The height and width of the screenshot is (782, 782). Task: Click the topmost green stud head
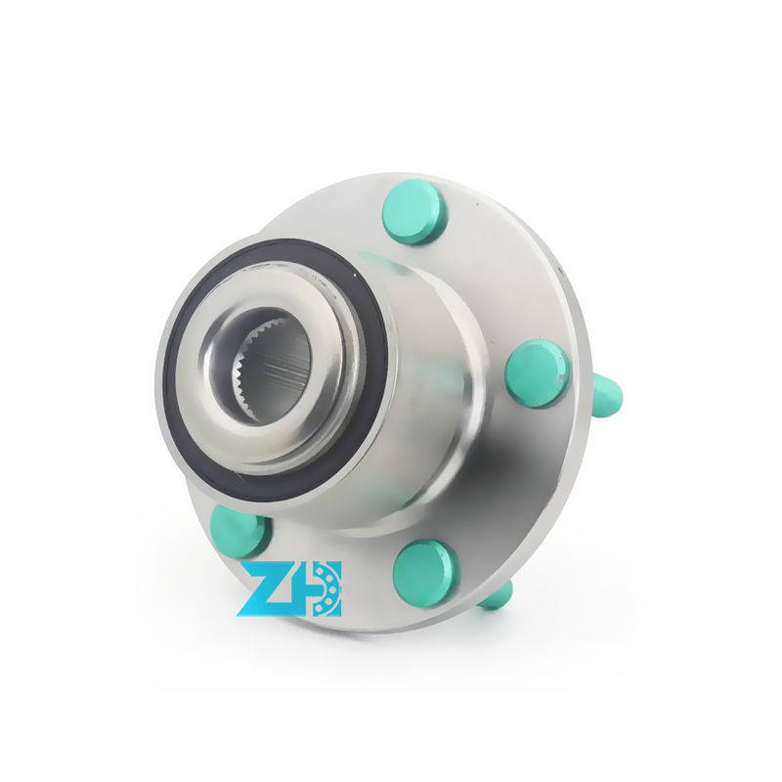(413, 212)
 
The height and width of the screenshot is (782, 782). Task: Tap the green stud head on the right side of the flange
(537, 372)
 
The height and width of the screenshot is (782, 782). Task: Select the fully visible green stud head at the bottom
(425, 574)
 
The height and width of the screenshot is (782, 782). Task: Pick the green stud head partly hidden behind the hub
(239, 530)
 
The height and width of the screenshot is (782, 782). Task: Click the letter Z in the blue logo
(268, 588)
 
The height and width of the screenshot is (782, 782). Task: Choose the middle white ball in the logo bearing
(333, 588)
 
